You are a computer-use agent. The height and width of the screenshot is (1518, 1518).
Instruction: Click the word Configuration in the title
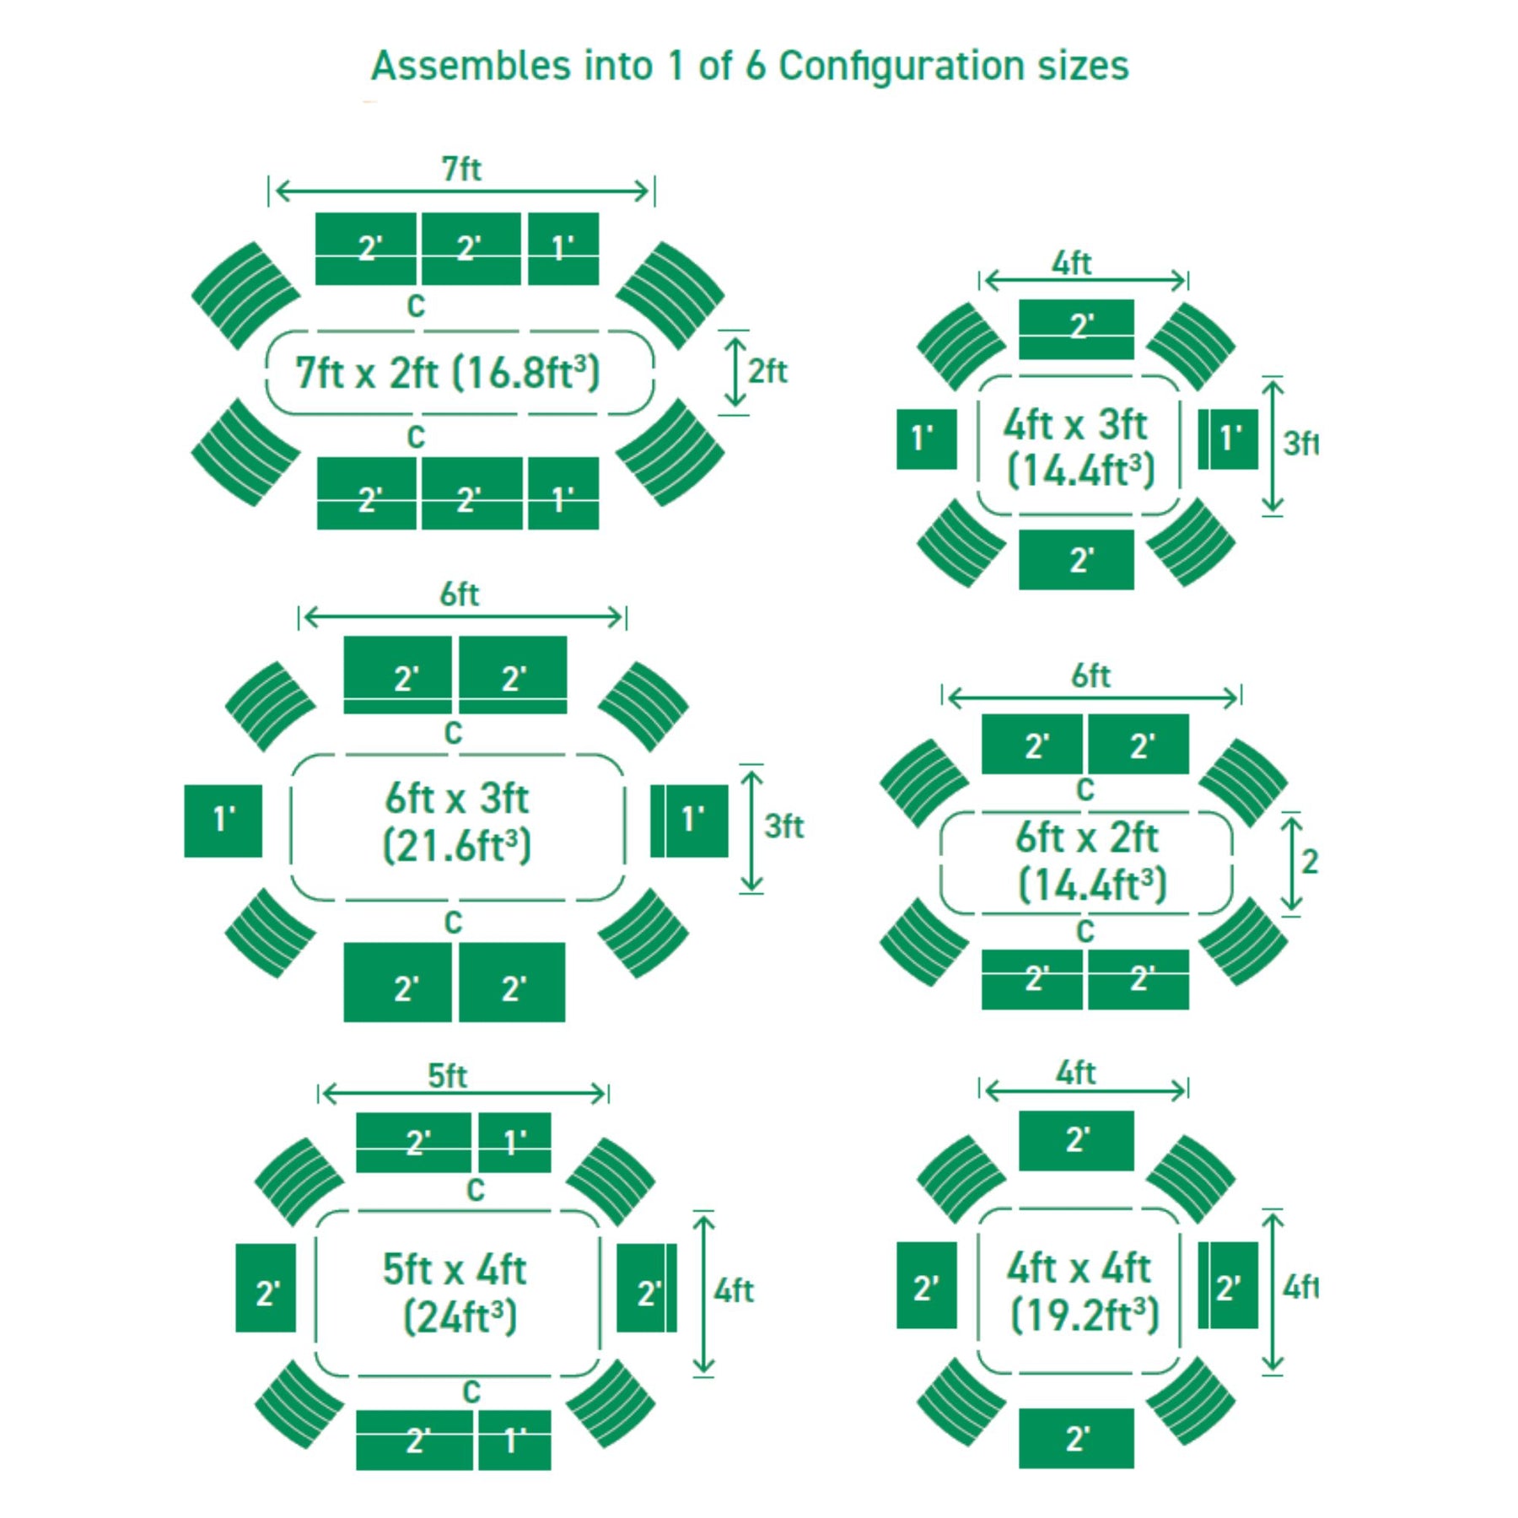[900, 66]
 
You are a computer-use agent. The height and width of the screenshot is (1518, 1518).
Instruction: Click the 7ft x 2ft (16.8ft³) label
[448, 373]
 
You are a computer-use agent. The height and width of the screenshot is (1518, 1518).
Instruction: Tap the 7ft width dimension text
[461, 170]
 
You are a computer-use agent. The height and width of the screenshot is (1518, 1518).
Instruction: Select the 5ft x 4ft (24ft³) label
[455, 1293]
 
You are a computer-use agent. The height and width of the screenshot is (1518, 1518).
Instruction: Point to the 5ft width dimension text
[447, 1076]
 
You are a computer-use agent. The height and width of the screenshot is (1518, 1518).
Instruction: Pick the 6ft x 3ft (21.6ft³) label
[456, 822]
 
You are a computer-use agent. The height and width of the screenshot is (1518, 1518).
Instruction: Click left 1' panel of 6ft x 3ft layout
[223, 821]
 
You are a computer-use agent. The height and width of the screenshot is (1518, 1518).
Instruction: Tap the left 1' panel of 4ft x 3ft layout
[926, 439]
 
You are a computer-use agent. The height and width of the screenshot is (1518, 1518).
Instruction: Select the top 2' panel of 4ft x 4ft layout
[1076, 1140]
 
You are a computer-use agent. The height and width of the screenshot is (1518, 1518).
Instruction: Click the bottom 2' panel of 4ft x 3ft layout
[1076, 559]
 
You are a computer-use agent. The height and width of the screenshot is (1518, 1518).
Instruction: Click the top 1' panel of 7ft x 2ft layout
[563, 249]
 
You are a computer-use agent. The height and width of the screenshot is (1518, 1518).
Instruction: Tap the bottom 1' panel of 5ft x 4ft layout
[514, 1440]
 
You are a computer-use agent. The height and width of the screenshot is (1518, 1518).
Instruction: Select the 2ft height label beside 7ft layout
[767, 371]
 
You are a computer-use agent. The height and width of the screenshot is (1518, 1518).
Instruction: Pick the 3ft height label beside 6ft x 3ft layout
[783, 826]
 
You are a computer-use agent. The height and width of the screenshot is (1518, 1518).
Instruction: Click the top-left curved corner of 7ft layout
[245, 294]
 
